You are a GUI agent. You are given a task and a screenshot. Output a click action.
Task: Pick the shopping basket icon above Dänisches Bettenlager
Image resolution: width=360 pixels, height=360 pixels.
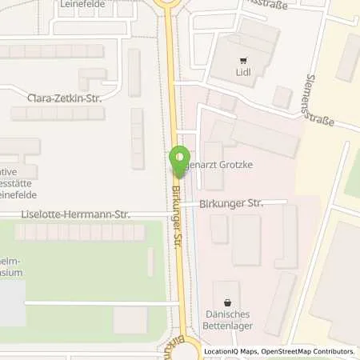pos(230,303)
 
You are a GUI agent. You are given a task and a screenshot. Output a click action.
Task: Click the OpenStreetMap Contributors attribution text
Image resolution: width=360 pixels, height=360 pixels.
pos(306,351)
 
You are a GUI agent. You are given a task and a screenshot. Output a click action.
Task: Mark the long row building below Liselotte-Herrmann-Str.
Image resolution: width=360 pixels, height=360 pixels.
pos(81,233)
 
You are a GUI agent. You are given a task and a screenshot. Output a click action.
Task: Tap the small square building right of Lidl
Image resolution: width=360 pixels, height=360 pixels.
pos(282,97)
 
